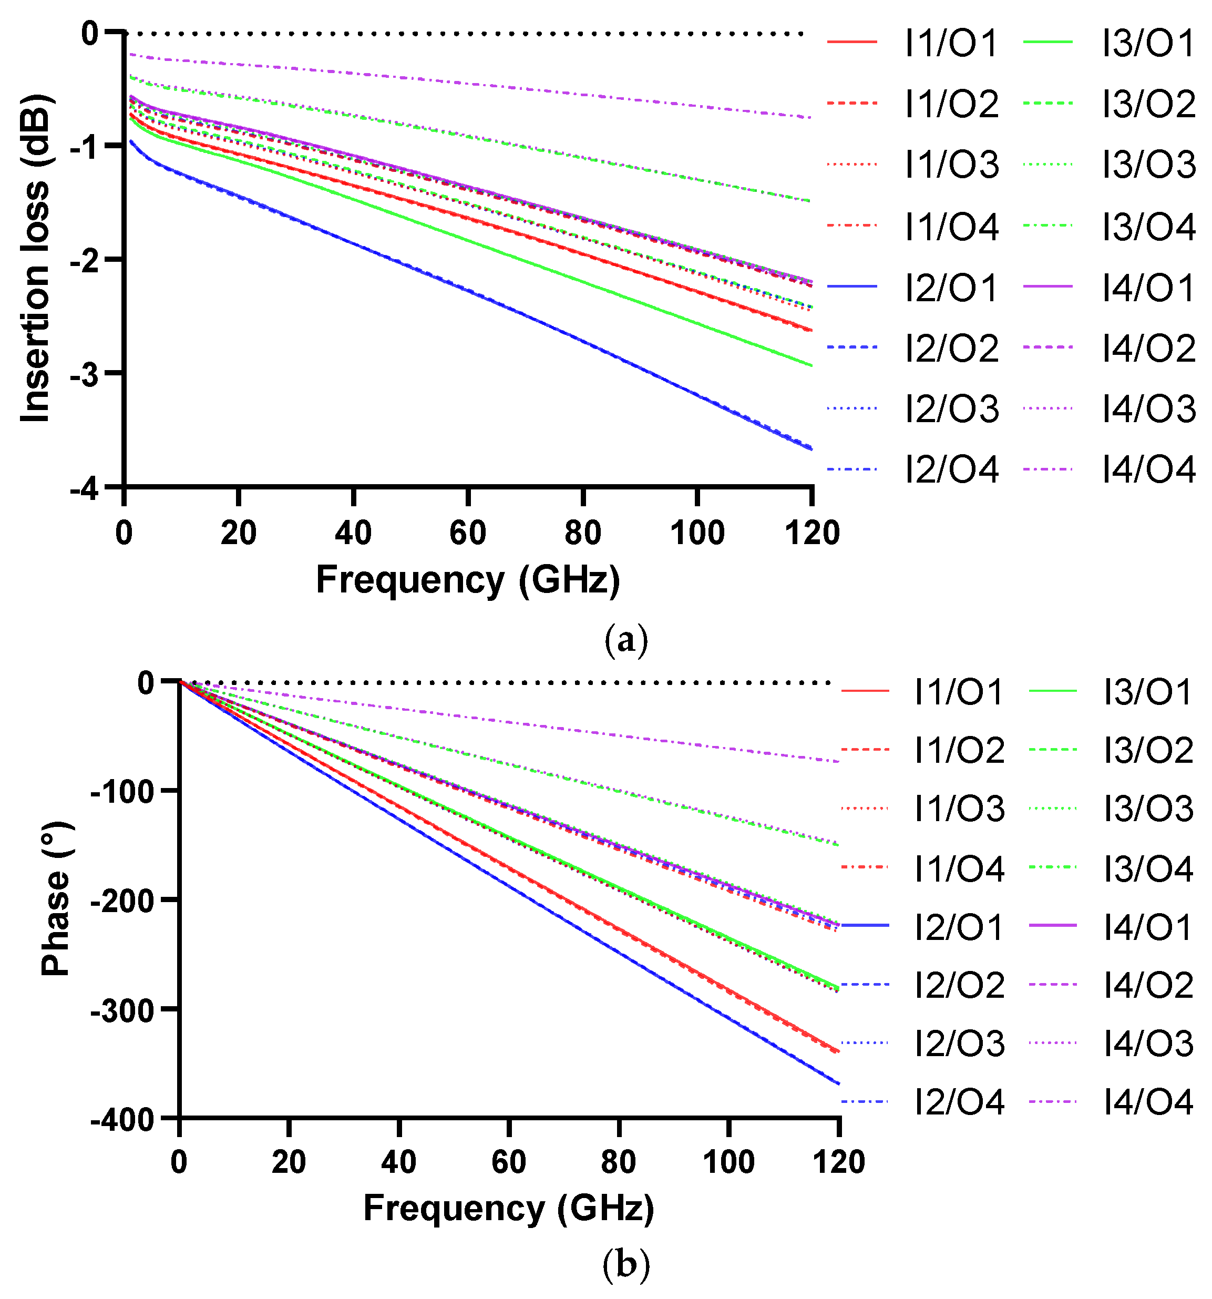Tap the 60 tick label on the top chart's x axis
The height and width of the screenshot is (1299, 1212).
pyautogui.click(x=468, y=533)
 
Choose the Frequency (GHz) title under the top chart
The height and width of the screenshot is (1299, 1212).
pyautogui.click(x=468, y=580)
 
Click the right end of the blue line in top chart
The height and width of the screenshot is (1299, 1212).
pyautogui.click(x=811, y=449)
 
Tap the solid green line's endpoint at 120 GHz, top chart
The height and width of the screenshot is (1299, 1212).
pyautogui.click(x=811, y=365)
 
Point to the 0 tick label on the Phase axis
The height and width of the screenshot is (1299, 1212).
pyautogui.click(x=145, y=683)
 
